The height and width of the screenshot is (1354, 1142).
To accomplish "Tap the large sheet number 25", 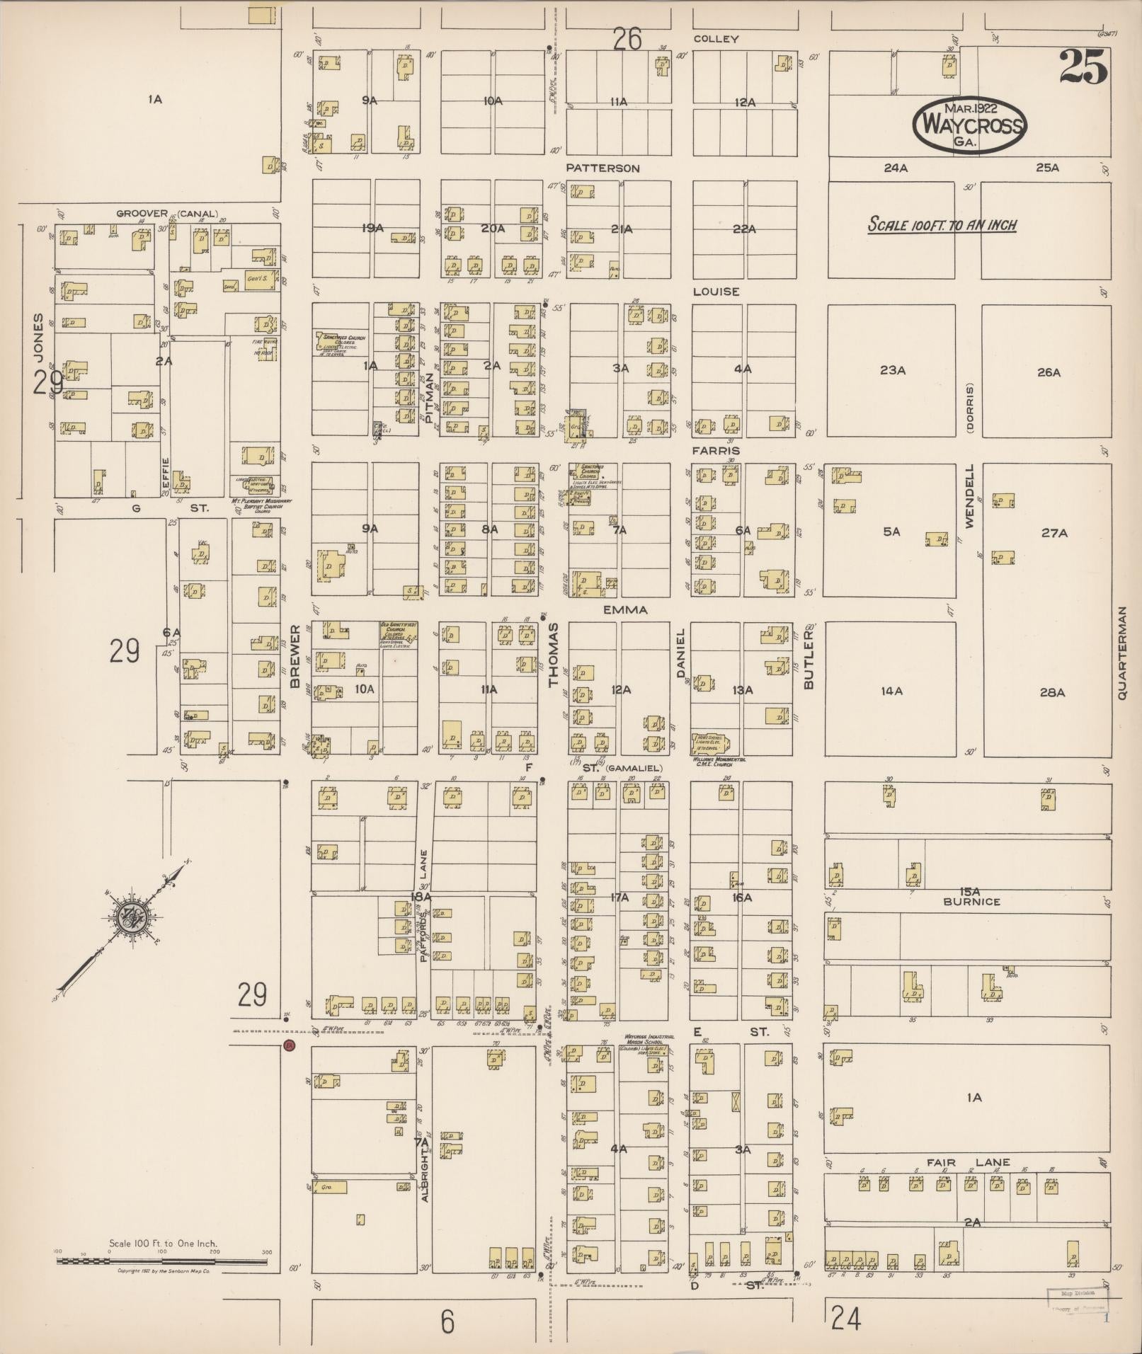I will tap(1083, 68).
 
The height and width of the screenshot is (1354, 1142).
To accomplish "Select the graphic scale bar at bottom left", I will tap(164, 1261).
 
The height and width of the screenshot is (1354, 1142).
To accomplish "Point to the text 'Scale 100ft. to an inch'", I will tap(942, 225).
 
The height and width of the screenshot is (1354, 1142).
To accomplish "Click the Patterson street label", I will tap(603, 168).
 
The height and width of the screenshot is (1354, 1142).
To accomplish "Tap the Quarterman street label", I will tap(1121, 653).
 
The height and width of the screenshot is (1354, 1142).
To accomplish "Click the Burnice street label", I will tap(971, 902).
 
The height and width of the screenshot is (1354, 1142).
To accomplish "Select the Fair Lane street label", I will tap(971, 1162).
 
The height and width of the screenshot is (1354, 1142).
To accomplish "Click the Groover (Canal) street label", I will tap(167, 213).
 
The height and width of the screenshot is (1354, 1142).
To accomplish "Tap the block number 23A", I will tap(893, 370).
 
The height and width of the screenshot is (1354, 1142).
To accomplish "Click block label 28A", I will tap(1052, 692).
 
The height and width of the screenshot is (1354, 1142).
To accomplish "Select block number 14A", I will tap(892, 691).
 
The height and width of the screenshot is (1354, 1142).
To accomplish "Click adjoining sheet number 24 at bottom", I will tap(846, 1319).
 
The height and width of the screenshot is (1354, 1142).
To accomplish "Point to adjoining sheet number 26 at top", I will tap(627, 39).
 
